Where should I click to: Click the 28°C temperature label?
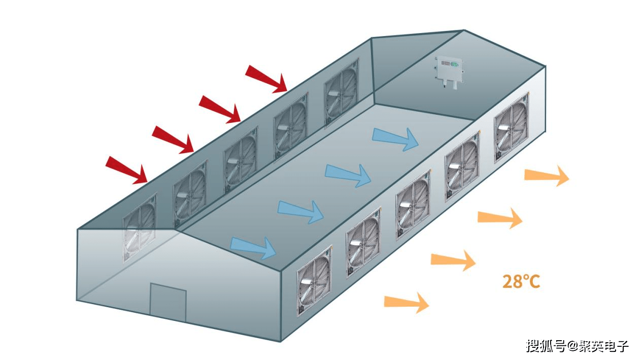point(521,281)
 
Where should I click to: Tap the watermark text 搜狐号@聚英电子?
point(577,346)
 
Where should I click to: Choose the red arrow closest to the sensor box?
point(266,79)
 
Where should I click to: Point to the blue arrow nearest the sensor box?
point(396,139)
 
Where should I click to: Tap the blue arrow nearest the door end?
point(253,247)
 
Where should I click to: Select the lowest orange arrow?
point(406,303)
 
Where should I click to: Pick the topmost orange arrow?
point(547,176)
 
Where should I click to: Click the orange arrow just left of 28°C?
point(453,260)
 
